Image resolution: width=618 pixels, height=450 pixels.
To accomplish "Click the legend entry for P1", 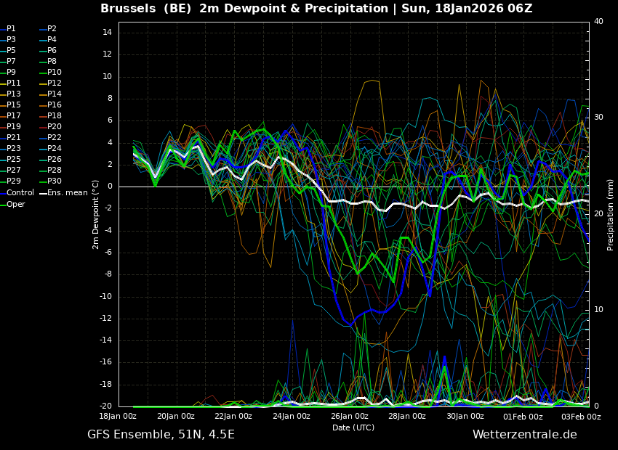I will point(11,28).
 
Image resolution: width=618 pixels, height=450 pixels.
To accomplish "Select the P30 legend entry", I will point(55,181).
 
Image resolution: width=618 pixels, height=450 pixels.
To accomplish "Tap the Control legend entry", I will point(20,192).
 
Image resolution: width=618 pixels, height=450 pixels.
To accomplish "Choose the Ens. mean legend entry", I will point(67,192).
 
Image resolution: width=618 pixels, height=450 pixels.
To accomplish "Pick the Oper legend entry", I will point(16,204).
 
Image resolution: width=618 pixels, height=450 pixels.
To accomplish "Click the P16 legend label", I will point(55,105).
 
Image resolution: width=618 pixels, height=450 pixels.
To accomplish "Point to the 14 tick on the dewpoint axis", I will point(106,32).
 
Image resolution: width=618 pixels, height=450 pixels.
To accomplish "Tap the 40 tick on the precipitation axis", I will point(598,21).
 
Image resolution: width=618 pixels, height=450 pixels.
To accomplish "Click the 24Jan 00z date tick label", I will point(291,417).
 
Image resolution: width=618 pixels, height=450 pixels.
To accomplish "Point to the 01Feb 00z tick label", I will point(523,417).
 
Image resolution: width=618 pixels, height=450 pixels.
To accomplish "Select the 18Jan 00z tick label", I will point(118,417).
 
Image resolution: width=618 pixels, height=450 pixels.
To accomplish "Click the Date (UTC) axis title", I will point(353,427).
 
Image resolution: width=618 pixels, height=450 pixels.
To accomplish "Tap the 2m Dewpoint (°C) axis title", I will point(95,214).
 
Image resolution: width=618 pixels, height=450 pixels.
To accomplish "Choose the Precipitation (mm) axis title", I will point(611,215).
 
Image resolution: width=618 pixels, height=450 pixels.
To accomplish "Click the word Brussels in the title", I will point(127,9).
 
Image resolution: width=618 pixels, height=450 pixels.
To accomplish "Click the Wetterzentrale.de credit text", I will point(524,435).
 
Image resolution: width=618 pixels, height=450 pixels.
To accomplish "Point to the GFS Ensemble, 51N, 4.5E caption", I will point(161,435).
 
